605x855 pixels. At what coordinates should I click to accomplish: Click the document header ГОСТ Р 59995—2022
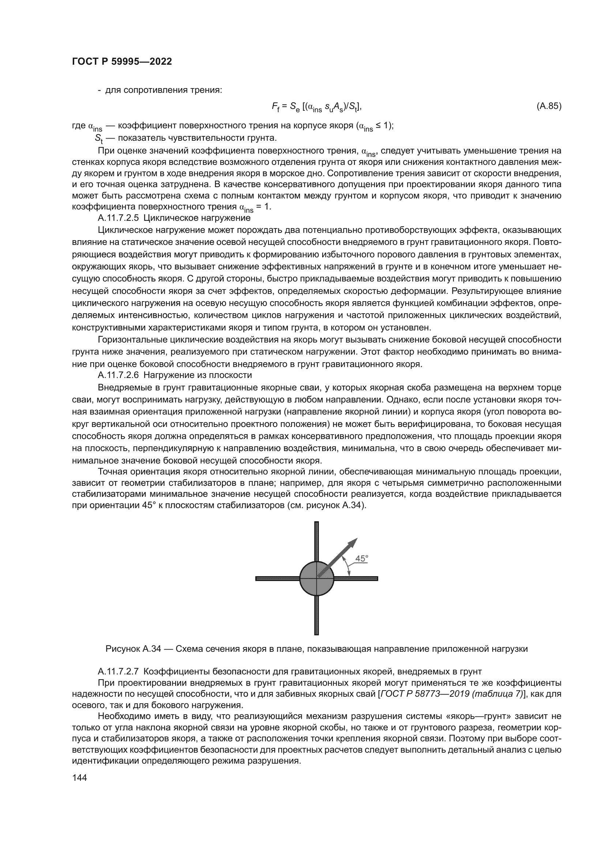(x=122, y=62)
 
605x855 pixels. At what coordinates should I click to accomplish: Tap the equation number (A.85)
(x=549, y=106)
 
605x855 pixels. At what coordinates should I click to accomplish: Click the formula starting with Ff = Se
(x=317, y=107)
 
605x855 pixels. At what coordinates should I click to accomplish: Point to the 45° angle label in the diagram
(x=361, y=559)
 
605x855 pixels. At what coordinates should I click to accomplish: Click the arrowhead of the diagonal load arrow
(x=352, y=543)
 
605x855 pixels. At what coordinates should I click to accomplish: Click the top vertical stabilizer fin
(x=316, y=540)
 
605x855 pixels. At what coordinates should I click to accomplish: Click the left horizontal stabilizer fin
(x=277, y=578)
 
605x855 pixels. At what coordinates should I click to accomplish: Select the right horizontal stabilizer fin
(x=358, y=578)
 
